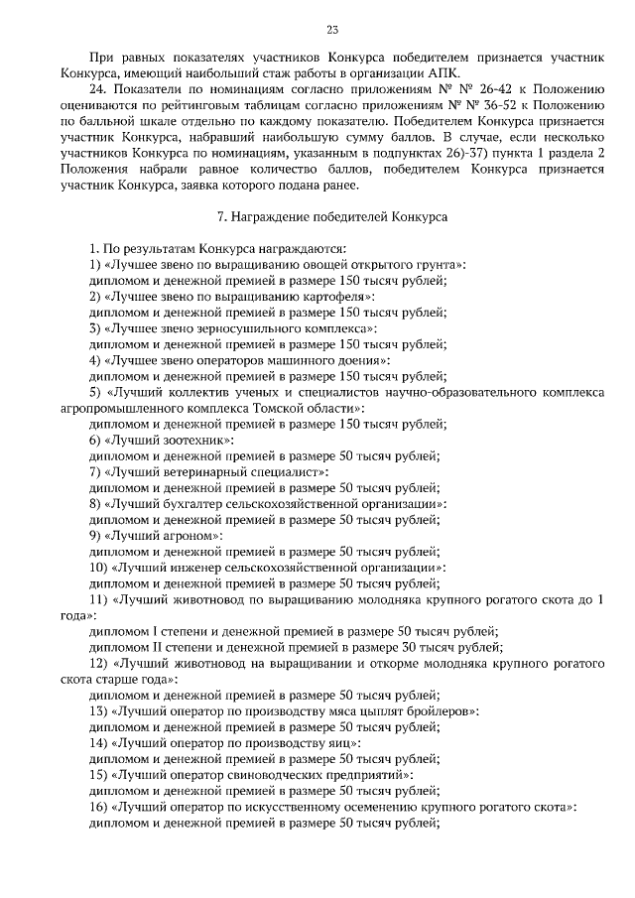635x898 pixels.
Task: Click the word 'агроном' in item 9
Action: tap(185, 536)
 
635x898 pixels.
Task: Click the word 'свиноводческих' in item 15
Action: tap(258, 775)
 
